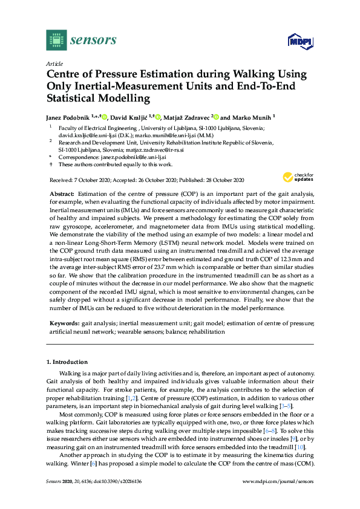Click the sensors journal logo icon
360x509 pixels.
[x=56, y=40]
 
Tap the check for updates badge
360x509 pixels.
[x=296, y=178]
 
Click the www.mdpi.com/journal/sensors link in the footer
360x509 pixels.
[x=278, y=481]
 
